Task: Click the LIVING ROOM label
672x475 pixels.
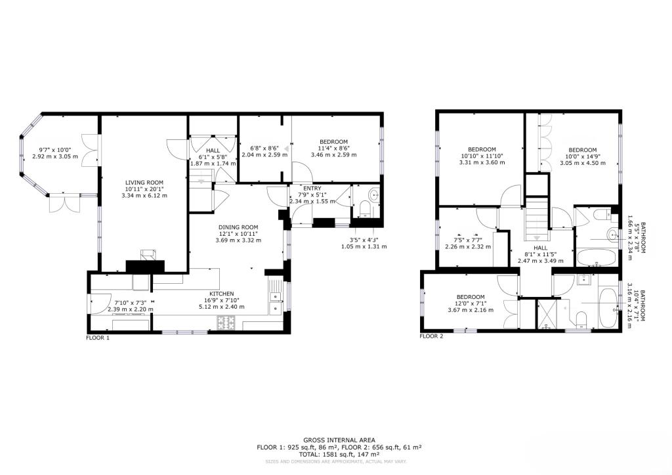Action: tap(144, 183)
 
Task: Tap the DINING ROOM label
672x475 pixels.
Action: tap(239, 227)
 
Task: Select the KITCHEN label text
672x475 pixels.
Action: tap(221, 294)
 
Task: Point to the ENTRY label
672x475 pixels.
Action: tap(303, 188)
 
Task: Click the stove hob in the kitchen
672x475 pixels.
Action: tap(226, 323)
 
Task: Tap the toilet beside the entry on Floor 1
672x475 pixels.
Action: tap(366, 210)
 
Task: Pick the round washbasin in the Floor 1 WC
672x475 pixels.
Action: tap(373, 194)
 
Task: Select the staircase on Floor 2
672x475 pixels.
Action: tap(537, 218)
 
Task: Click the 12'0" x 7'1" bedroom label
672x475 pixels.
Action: tap(471, 297)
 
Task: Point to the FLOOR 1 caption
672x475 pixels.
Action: tap(98, 338)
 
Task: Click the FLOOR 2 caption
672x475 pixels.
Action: tap(431, 336)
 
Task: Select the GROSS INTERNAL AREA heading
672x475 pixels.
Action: tap(339, 440)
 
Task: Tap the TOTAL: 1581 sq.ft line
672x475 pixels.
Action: tap(339, 454)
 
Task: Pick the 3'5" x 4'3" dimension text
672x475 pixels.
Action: tap(364, 240)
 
